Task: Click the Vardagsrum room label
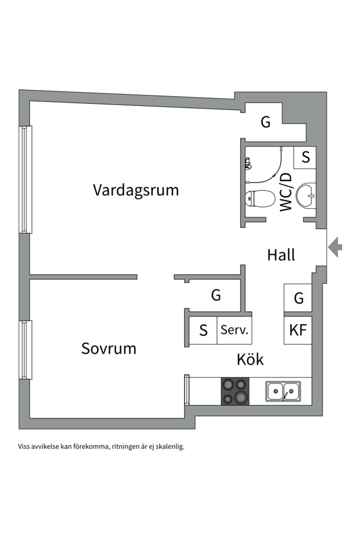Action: [135, 190]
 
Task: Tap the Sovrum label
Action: [109, 348]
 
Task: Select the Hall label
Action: [281, 255]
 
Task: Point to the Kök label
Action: [250, 359]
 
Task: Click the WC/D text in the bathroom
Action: [286, 192]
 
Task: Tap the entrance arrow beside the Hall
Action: [335, 247]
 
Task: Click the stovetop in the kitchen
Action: [235, 391]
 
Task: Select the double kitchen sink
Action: [283, 391]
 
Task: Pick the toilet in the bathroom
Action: [260, 198]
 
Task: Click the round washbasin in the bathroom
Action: [305, 196]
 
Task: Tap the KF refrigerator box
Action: [297, 330]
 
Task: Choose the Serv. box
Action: [234, 330]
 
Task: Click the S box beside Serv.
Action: [203, 330]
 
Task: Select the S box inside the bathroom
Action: [305, 157]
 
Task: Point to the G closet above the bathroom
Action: [265, 122]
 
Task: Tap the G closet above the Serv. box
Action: [216, 295]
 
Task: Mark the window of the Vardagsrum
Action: [25, 180]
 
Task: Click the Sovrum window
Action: [25, 350]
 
